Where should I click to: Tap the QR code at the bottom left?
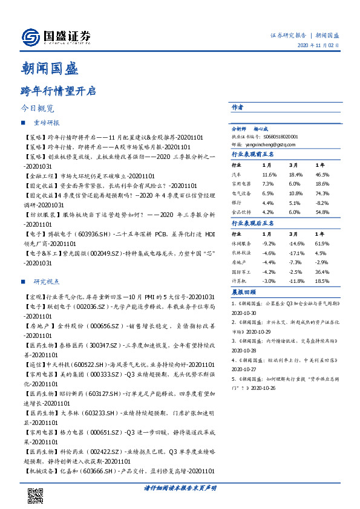point(36,495)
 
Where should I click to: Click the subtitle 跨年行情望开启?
point(58,91)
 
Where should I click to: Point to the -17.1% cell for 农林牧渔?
point(296,253)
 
